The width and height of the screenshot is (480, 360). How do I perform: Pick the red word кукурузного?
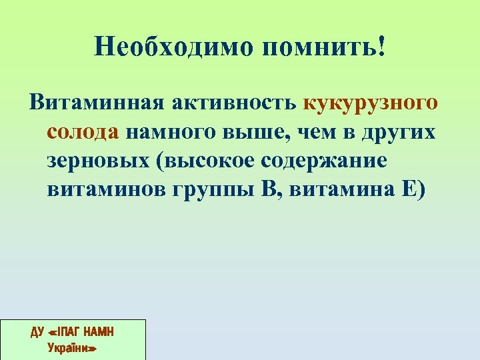(371, 103)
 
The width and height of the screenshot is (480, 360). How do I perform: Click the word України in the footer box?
(73, 347)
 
